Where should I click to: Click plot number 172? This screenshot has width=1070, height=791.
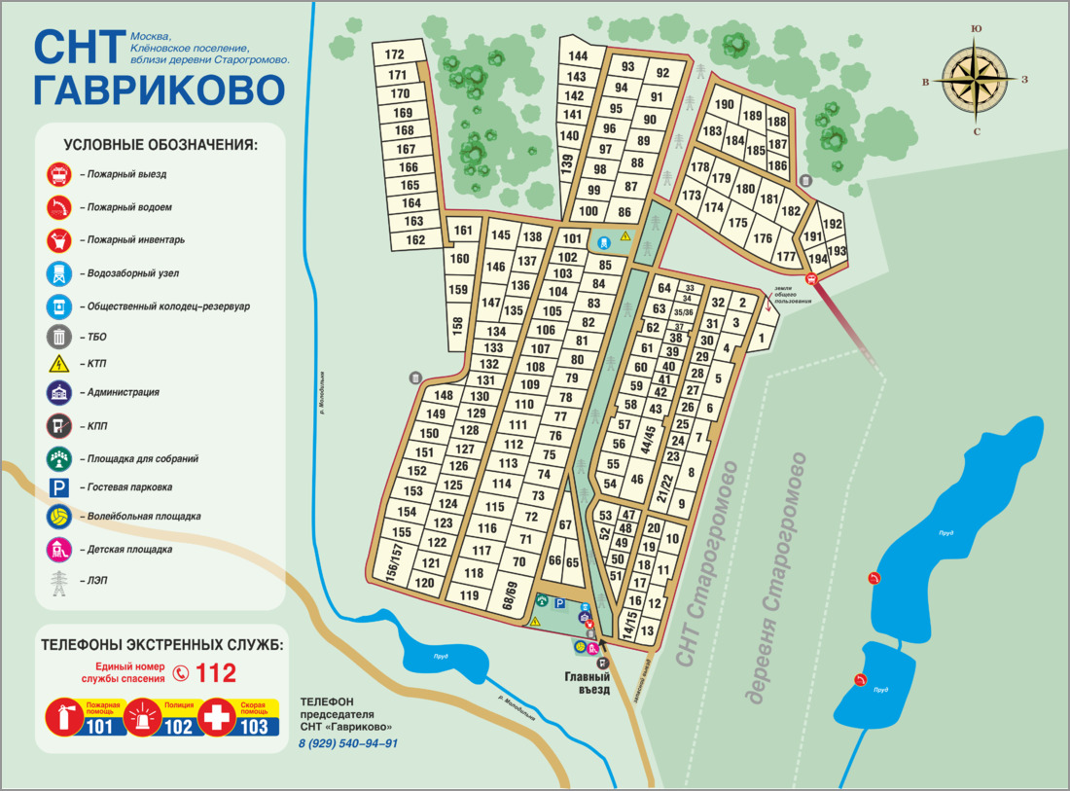click(x=394, y=54)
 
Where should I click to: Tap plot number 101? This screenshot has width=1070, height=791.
click(x=571, y=238)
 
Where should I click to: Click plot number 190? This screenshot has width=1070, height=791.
click(x=725, y=104)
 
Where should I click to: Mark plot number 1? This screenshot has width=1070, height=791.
click(x=763, y=338)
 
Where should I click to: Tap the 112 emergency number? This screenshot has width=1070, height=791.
click(x=216, y=672)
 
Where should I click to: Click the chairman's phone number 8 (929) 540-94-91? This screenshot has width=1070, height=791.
click(x=348, y=743)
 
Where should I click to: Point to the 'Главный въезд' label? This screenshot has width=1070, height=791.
click(x=588, y=683)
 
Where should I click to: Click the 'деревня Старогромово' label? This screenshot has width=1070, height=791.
click(x=773, y=578)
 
